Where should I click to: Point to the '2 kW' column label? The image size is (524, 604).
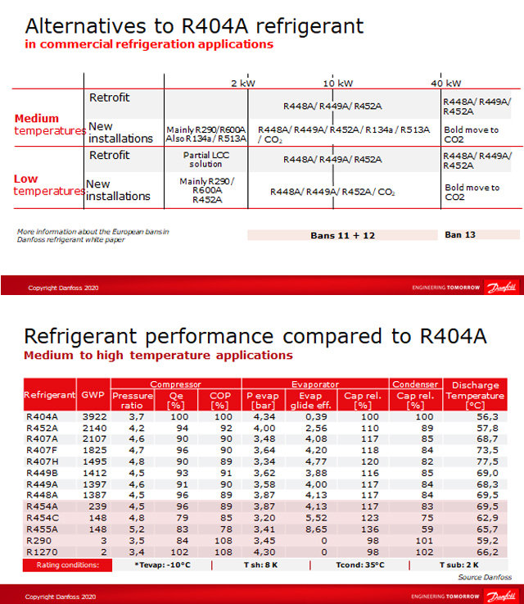pyautogui.click(x=244, y=84)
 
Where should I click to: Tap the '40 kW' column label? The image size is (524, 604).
pyautogui.click(x=446, y=84)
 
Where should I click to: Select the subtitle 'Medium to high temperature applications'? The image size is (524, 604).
pyautogui.click(x=158, y=356)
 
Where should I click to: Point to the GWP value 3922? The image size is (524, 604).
pyautogui.click(x=90, y=416)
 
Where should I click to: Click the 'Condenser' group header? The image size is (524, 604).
pyautogui.click(x=414, y=384)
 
